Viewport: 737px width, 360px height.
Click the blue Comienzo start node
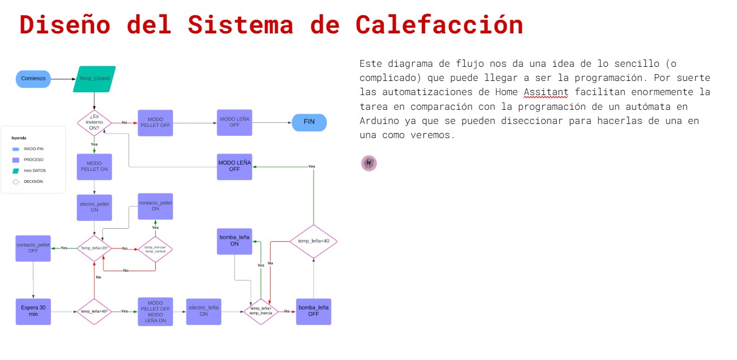(33, 79)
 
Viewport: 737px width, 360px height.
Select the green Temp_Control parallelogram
(94, 79)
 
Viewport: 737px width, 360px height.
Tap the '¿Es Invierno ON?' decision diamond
(94, 123)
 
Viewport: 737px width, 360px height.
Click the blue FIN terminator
(309, 123)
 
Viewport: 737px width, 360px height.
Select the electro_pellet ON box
(94, 207)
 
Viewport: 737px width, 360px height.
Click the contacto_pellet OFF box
(33, 248)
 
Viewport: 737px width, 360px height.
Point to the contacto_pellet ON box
(155, 206)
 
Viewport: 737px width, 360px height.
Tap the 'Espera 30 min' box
(33, 311)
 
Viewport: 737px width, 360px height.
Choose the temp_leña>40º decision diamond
(94, 311)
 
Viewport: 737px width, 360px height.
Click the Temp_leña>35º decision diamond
(94, 248)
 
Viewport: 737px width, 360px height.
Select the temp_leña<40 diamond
(314, 241)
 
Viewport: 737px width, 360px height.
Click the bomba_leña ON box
(234, 241)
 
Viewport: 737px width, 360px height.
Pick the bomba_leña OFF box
(314, 311)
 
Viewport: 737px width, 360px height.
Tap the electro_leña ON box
(204, 311)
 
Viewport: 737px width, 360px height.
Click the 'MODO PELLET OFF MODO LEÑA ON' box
(155, 311)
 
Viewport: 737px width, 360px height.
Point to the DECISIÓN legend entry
(32, 182)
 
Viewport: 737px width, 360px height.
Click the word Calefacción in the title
(439, 25)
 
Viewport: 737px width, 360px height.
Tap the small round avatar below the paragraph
(369, 163)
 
